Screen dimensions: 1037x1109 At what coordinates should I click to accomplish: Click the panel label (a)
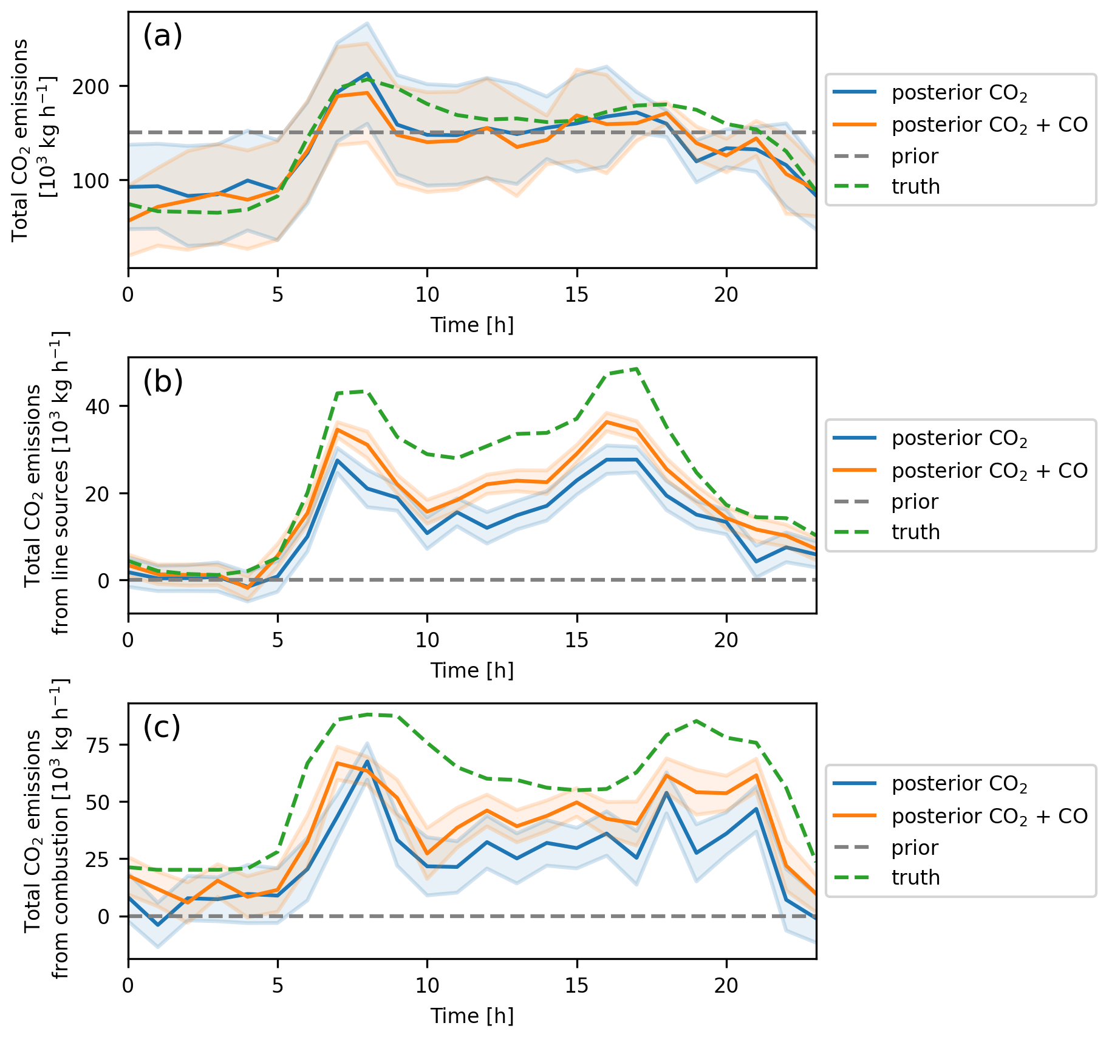click(162, 36)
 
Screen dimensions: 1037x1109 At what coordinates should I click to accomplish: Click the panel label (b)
click(163, 382)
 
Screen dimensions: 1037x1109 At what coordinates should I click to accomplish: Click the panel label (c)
click(162, 727)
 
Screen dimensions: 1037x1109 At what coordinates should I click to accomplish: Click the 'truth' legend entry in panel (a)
click(915, 187)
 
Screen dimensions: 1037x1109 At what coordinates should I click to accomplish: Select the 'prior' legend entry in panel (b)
click(915, 502)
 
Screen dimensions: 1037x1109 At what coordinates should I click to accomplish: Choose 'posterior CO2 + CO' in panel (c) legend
click(989, 817)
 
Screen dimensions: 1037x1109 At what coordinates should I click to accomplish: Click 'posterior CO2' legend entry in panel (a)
click(959, 93)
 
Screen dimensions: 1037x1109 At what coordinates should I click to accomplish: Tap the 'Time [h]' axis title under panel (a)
click(472, 325)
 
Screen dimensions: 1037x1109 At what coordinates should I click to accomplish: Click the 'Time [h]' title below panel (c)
click(472, 1016)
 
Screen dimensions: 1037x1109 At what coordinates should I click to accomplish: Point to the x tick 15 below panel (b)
click(576, 641)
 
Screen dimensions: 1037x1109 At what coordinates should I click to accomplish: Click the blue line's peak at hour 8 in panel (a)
click(367, 73)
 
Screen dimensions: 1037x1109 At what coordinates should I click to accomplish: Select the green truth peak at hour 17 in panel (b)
click(636, 369)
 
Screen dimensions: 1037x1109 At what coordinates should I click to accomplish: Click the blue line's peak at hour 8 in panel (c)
click(367, 761)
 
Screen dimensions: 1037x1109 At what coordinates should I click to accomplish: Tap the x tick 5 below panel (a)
click(278, 295)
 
